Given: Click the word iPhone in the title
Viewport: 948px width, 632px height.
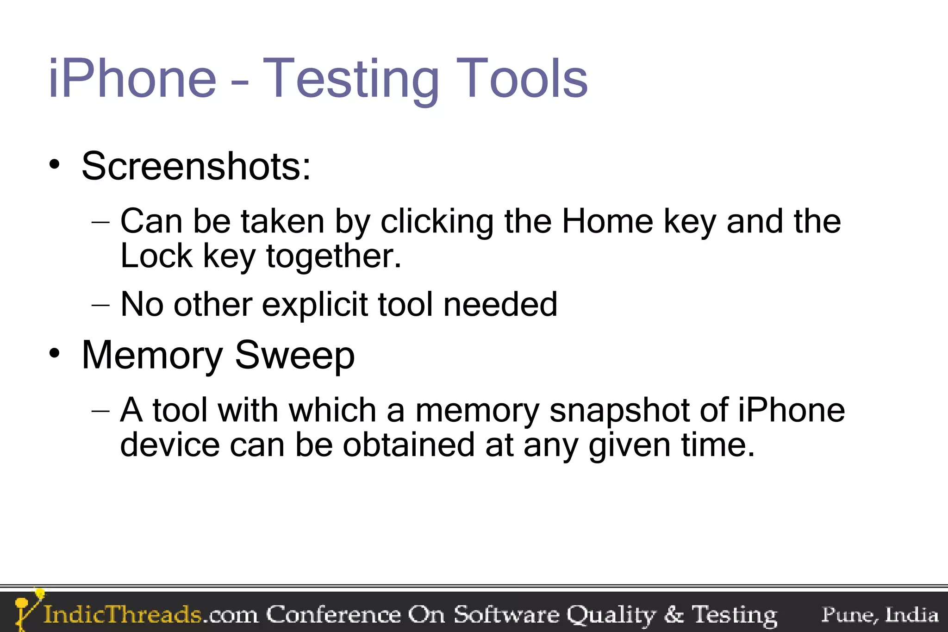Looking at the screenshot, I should click(132, 79).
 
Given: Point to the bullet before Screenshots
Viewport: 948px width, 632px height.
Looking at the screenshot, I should click(55, 164).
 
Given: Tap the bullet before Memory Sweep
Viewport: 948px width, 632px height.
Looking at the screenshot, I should click(55, 354).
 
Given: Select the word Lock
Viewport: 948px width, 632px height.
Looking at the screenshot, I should click(156, 256).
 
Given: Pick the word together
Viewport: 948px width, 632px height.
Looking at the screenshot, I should click(333, 257).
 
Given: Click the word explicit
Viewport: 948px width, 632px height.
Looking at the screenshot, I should click(314, 305).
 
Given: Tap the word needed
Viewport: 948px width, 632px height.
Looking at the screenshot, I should click(500, 304).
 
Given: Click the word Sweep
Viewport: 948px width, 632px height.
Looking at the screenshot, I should click(295, 356).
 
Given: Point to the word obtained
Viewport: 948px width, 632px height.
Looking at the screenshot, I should click(409, 445).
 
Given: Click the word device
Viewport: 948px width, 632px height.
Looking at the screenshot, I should click(170, 445).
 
